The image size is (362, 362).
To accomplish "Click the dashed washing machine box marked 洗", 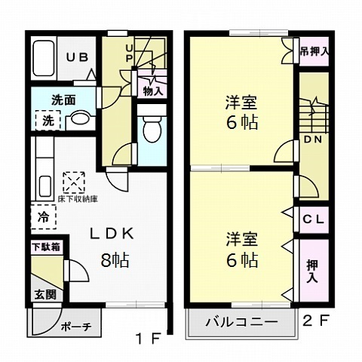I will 47,120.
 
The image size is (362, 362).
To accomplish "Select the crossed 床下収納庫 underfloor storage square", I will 74,183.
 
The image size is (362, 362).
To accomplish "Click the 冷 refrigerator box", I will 41,216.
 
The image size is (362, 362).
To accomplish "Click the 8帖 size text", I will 114,261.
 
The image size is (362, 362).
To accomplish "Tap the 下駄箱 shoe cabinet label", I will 45,247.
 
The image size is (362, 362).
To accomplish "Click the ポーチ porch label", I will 75,327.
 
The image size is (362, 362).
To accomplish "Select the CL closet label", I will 312,219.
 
